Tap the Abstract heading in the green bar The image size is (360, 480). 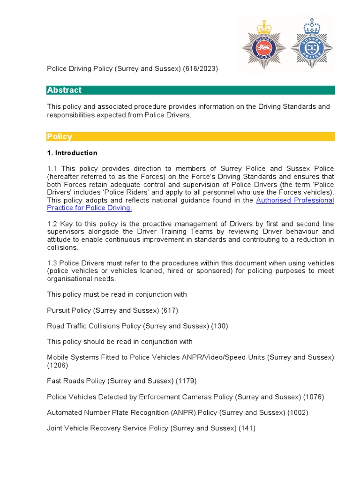click(x=64, y=90)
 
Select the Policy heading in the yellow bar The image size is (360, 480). click(x=60, y=136)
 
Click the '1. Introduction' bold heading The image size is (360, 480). click(x=72, y=153)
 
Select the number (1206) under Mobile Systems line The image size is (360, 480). click(x=58, y=365)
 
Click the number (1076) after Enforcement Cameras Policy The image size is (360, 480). click(x=314, y=397)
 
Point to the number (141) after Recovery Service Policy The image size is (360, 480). click(x=247, y=428)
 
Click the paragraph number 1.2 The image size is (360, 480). click(x=52, y=224)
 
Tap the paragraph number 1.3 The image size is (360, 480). click(x=52, y=263)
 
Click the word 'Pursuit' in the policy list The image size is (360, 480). click(x=58, y=310)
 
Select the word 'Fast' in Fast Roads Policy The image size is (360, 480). click(x=54, y=381)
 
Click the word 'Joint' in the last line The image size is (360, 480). click(x=55, y=428)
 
